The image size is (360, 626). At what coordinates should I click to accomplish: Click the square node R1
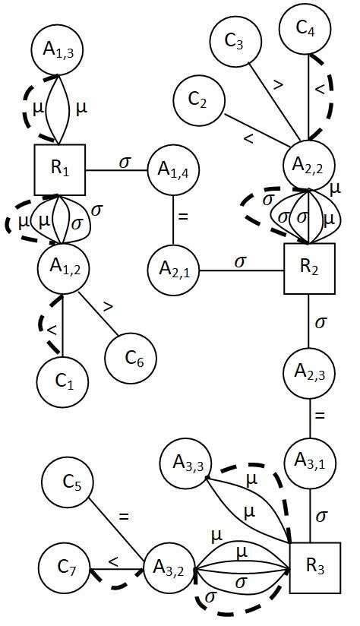pyautogui.click(x=60, y=169)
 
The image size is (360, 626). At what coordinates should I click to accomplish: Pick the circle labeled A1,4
pyautogui.click(x=172, y=169)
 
